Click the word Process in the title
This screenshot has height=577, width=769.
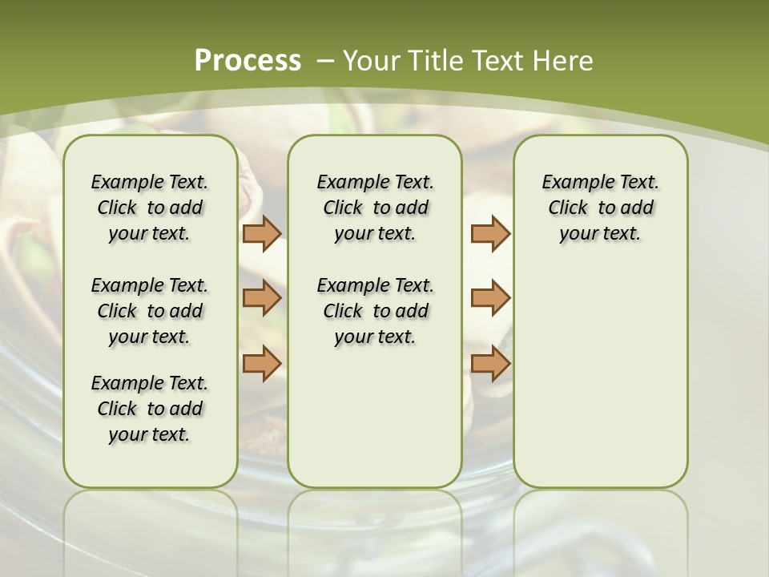(x=248, y=60)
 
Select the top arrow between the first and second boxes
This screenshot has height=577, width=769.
(x=262, y=233)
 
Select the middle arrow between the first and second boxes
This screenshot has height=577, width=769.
(x=262, y=298)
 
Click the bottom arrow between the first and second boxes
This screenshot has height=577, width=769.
(x=262, y=363)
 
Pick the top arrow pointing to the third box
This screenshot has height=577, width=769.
(x=490, y=233)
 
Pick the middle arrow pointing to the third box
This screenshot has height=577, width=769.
(x=490, y=298)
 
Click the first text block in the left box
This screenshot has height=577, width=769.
(x=150, y=208)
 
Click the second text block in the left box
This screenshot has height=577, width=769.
(x=150, y=311)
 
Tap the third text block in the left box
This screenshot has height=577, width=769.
(x=150, y=409)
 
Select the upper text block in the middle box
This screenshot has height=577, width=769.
(x=375, y=208)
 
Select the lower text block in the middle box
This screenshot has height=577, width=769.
(x=375, y=311)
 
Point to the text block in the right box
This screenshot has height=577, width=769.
(x=600, y=208)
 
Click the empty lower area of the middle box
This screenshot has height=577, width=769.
(x=375, y=417)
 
